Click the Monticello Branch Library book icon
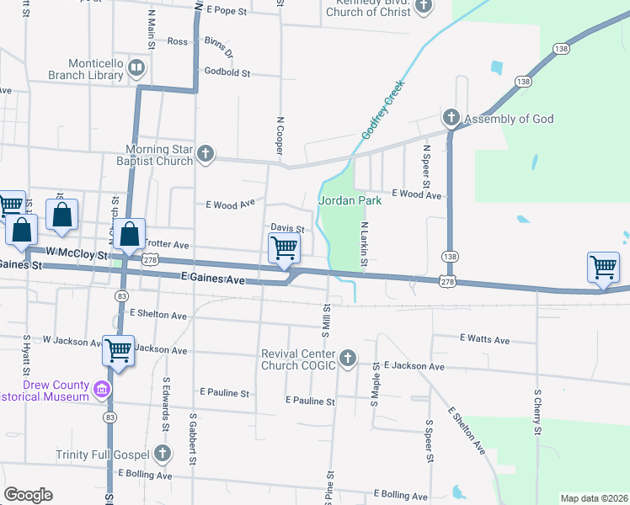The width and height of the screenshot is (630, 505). pos(136,67)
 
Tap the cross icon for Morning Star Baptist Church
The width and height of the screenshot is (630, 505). pos(206,153)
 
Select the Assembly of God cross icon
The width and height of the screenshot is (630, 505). pos(451,119)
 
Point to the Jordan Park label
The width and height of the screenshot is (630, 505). pos(350,200)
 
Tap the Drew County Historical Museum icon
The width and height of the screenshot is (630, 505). pos(102,390)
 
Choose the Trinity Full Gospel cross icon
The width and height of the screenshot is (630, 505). pos(163,454)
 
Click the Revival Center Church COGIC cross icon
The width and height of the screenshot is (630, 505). pos(347,359)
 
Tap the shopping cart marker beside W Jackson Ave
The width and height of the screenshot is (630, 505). pos(118,349)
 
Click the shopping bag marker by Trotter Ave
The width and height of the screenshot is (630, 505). pos(130,235)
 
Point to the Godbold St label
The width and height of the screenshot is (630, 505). pos(222,73)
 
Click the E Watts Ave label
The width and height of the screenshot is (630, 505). pos(484,338)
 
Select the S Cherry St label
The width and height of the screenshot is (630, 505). pos(537,412)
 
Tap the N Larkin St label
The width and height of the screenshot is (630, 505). pos(365,246)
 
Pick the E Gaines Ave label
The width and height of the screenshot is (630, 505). pos(213,276)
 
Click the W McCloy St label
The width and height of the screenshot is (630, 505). pos(77,253)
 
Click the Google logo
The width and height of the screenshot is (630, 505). pos(28,495)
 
